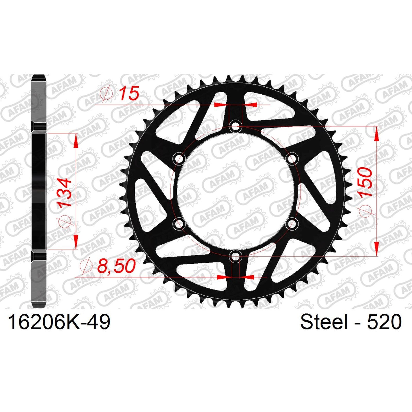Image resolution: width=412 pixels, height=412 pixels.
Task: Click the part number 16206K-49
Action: coord(59,322)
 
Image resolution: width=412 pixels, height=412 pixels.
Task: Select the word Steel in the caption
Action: coord(323,322)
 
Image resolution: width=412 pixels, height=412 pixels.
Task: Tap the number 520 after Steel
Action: coord(384,322)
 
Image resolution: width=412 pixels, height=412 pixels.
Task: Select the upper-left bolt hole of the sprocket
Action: coord(179,159)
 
